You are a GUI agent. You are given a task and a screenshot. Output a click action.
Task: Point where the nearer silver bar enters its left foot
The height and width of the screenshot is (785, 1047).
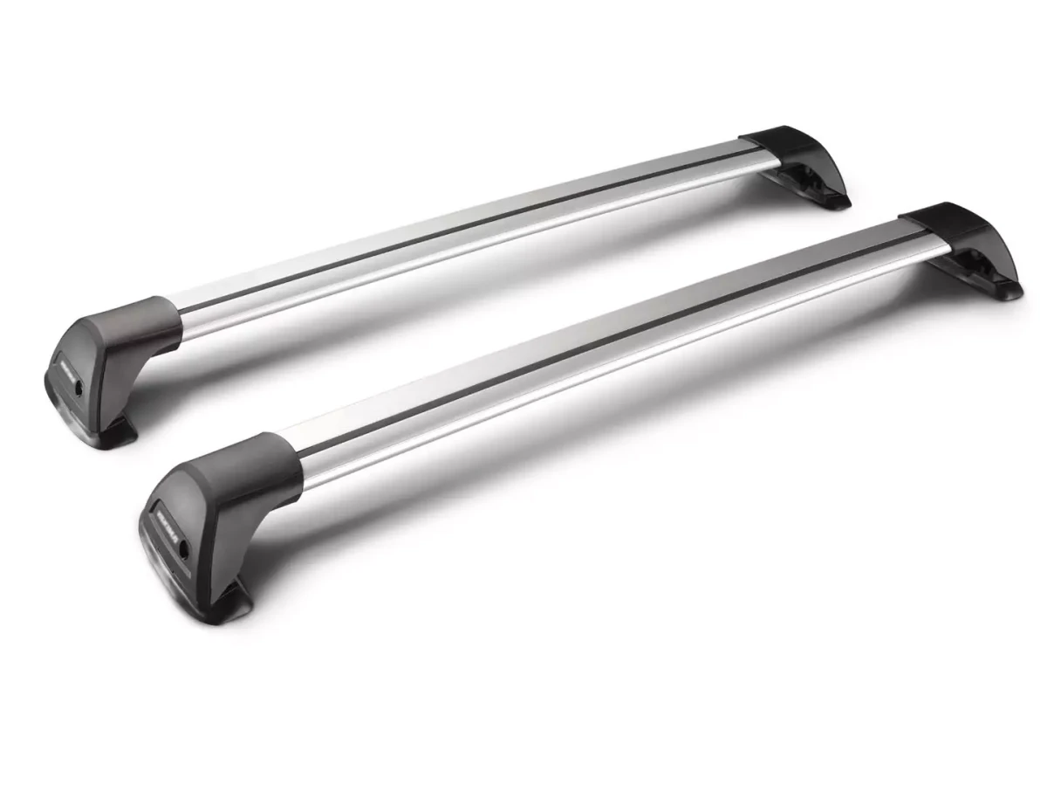point(301,463)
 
